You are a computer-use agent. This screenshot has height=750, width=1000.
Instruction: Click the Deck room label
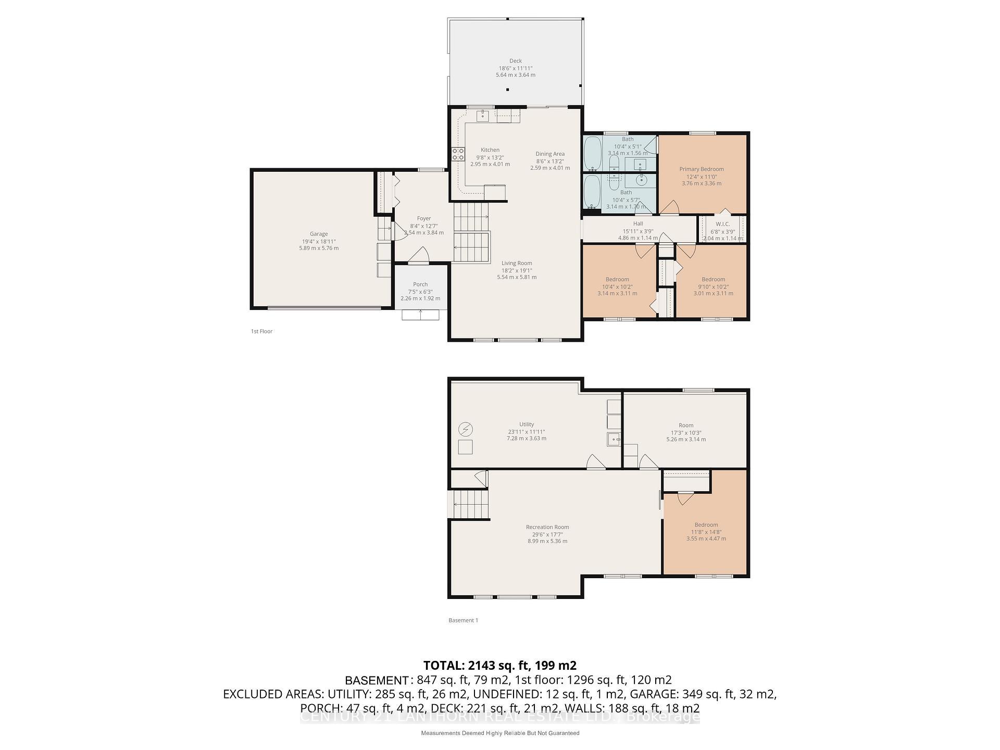[515, 61]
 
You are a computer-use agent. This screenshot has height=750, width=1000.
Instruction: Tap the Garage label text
[319, 234]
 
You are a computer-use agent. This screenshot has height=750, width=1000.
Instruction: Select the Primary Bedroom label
[701, 169]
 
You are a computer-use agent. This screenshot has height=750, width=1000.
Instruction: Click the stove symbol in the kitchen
[458, 154]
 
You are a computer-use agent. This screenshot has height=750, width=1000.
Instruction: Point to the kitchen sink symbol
[482, 115]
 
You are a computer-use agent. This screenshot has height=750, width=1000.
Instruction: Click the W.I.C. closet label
[722, 224]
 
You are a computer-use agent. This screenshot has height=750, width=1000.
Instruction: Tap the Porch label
[420, 284]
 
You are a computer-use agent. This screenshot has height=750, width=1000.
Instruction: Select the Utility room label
[527, 424]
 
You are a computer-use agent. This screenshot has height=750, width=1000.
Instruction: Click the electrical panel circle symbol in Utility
[465, 430]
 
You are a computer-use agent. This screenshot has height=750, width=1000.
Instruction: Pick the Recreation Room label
[547, 527]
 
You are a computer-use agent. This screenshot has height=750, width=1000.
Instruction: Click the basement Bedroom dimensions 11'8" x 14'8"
[706, 532]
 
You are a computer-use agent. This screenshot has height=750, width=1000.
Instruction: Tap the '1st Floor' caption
[261, 331]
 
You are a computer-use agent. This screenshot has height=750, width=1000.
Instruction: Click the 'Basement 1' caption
[463, 620]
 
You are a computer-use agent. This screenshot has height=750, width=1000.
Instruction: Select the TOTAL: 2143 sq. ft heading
[499, 665]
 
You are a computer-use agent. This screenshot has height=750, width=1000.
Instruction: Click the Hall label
[637, 224]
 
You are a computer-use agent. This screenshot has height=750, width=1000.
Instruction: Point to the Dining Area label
[550, 154]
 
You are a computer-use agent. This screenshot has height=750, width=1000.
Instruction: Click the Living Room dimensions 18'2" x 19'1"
[517, 270]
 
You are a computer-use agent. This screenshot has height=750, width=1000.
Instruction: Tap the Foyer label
[423, 219]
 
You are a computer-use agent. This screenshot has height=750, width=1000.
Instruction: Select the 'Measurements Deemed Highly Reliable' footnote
[499, 733]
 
